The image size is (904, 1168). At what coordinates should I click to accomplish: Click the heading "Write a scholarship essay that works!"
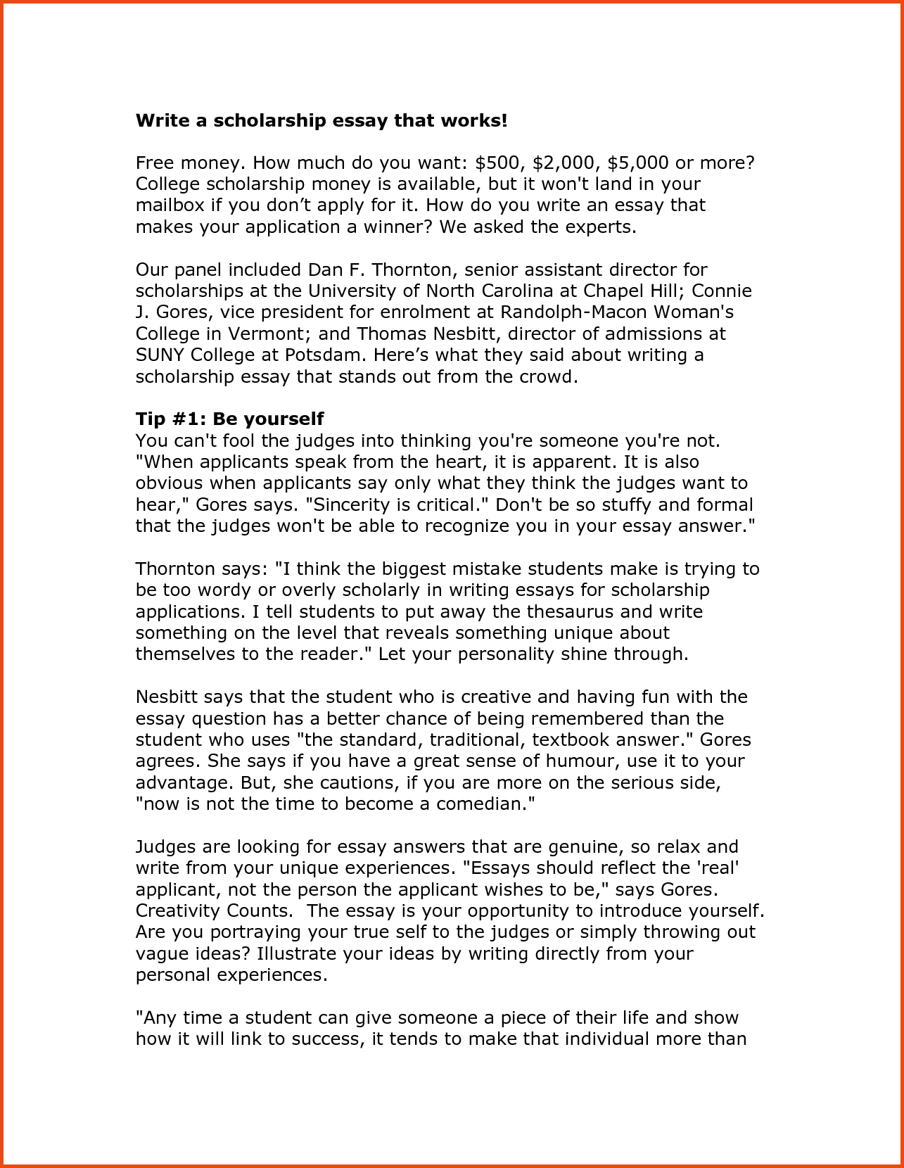321,120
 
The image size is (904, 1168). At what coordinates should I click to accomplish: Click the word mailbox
170,205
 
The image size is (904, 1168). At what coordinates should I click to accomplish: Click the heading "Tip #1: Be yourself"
229,419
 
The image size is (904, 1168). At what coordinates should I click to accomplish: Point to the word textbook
571,740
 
